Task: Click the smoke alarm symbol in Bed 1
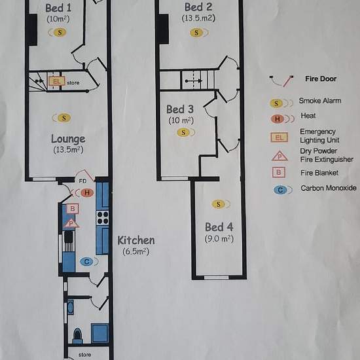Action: pyautogui.click(x=58, y=32)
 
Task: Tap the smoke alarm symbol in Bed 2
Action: pyautogui.click(x=198, y=33)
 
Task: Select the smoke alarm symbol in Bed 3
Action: pyautogui.click(x=185, y=132)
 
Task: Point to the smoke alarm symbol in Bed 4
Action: pyautogui.click(x=221, y=204)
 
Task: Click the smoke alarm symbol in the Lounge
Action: pyautogui.click(x=62, y=118)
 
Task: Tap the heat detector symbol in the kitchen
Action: pyautogui.click(x=84, y=192)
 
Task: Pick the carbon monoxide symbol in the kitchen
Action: pyautogui.click(x=88, y=262)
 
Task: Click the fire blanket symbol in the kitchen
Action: pyautogui.click(x=72, y=208)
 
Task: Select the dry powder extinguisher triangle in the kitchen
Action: pyautogui.click(x=71, y=224)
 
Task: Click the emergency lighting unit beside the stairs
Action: pyautogui.click(x=56, y=81)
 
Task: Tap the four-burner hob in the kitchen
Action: pyautogui.click(x=102, y=218)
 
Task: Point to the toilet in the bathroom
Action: pyautogui.click(x=77, y=335)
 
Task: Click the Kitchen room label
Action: pyautogui.click(x=136, y=240)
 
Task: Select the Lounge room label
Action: pyautogui.click(x=68, y=139)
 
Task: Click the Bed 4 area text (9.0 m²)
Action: pyautogui.click(x=219, y=239)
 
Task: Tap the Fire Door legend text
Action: pyautogui.click(x=321, y=79)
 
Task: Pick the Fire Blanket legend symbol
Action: pyautogui.click(x=279, y=172)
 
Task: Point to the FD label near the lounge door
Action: pyautogui.click(x=82, y=181)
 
